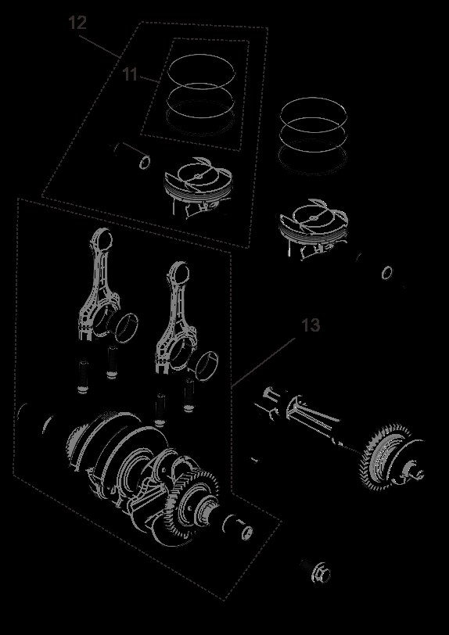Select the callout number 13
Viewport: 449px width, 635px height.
311,325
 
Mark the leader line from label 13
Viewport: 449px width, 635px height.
266,361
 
